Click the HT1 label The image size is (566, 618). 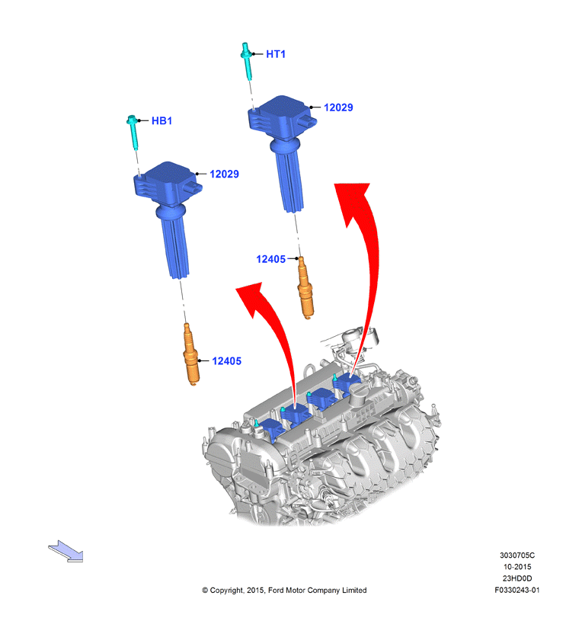pyautogui.click(x=276, y=54)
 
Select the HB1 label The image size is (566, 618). pyautogui.click(x=162, y=120)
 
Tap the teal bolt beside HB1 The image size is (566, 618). pyautogui.click(x=133, y=132)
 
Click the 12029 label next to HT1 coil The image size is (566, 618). pyautogui.click(x=338, y=107)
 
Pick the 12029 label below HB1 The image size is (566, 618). pyautogui.click(x=224, y=174)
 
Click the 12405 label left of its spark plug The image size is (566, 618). pyautogui.click(x=270, y=259)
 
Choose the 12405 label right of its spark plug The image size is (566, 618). pyautogui.click(x=226, y=360)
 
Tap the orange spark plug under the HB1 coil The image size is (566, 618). pyautogui.click(x=191, y=354)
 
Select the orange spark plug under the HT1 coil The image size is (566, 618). pyautogui.click(x=305, y=287)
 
